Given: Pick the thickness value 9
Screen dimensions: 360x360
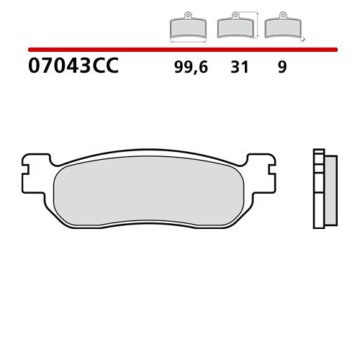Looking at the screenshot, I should coord(282,68).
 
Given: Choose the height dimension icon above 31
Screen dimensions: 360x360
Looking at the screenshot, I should coord(234,27).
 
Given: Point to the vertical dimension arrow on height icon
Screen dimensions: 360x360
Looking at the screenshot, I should coord(256,25).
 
